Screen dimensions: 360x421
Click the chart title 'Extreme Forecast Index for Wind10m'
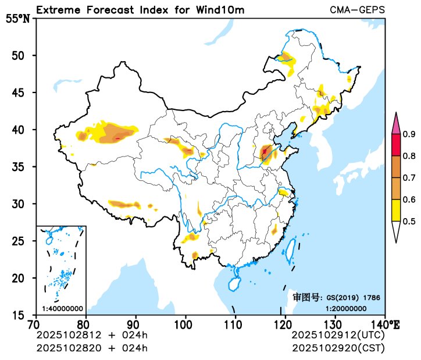(140, 10)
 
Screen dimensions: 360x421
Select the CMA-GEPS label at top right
(357, 10)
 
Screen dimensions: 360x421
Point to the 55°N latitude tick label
(17, 19)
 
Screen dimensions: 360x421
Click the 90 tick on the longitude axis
(135, 323)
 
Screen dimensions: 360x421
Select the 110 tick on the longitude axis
(235, 323)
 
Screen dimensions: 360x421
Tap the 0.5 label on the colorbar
(409, 221)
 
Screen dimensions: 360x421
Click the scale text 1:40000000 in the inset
(62, 308)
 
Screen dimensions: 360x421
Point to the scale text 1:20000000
(345, 308)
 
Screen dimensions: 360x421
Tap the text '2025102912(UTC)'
(338, 336)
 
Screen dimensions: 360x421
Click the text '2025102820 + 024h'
(92, 348)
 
